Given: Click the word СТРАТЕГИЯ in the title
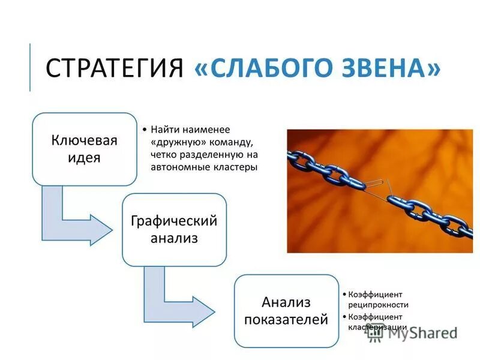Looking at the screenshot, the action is [x=115, y=68].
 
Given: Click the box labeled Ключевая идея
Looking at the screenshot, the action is [x=84, y=149].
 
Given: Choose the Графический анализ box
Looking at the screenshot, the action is [x=174, y=229].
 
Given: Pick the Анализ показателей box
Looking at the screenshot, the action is [x=286, y=310].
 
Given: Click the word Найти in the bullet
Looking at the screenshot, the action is [x=163, y=130].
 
